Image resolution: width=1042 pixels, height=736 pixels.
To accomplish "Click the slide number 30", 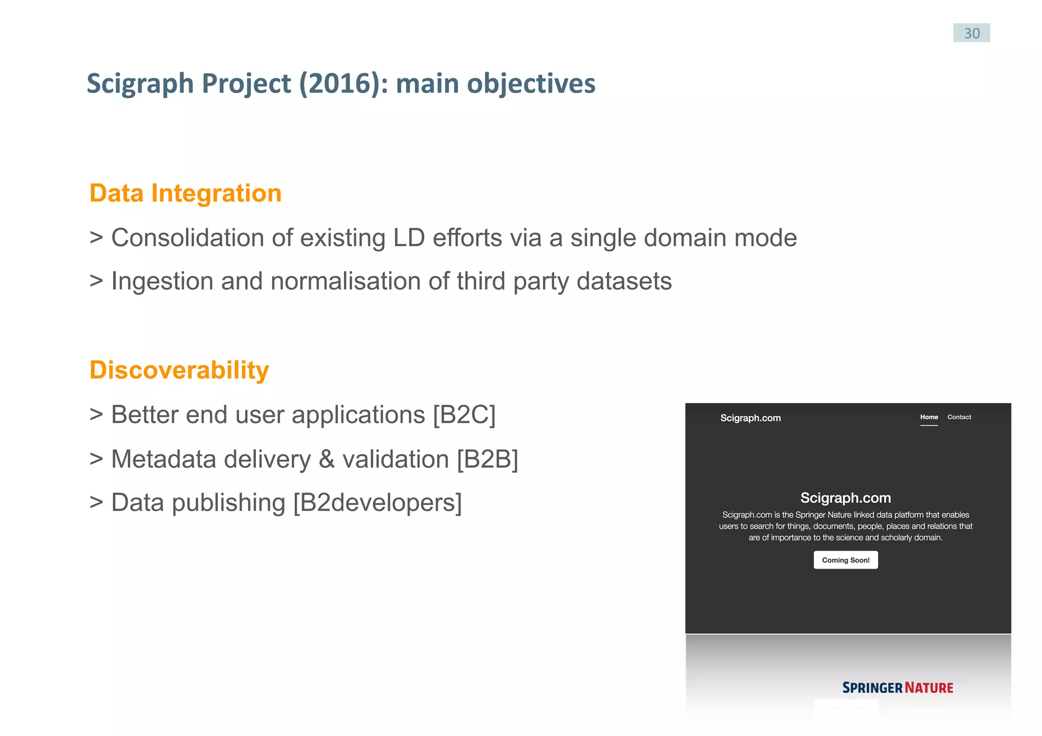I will pyautogui.click(x=971, y=33).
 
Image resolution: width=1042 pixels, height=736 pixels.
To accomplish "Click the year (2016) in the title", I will pyautogui.click(x=339, y=83).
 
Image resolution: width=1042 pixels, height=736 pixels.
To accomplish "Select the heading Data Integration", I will pyautogui.click(x=185, y=193).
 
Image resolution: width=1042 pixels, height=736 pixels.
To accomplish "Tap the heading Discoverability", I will pyautogui.click(x=179, y=370).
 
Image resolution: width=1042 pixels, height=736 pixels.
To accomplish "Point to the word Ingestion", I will pyautogui.click(x=162, y=281).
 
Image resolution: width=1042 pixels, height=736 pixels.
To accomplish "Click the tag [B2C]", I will pyautogui.click(x=464, y=415).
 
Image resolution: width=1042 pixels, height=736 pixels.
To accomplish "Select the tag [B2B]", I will pyautogui.click(x=487, y=459).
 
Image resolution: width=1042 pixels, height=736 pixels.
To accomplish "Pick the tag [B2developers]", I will pyautogui.click(x=378, y=503).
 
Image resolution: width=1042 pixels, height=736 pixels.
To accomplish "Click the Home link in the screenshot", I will pyautogui.click(x=929, y=417).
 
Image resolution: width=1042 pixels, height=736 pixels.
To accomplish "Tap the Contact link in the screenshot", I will pyautogui.click(x=959, y=417).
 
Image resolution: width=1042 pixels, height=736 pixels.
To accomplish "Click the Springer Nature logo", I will pyautogui.click(x=898, y=688).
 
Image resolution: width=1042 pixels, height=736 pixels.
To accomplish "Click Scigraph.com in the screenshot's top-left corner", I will pyautogui.click(x=750, y=418).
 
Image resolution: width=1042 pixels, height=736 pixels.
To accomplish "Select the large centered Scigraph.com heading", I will pyautogui.click(x=846, y=497).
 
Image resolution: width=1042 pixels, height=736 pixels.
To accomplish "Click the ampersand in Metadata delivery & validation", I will pyautogui.click(x=326, y=459).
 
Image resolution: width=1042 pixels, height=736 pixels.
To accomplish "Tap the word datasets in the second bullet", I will pyautogui.click(x=624, y=281).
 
